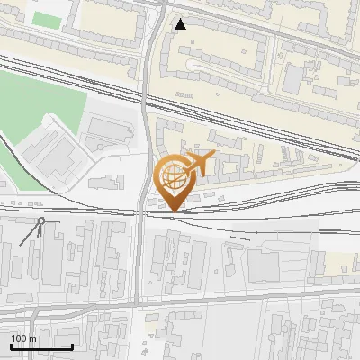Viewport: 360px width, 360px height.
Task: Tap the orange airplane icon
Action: [x=199, y=164]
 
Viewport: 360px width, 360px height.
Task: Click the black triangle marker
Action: [x=181, y=24]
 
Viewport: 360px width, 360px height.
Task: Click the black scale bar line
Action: [x=41, y=347]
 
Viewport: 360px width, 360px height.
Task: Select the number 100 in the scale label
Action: [x=19, y=338]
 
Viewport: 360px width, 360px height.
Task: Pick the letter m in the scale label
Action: [x=31, y=338]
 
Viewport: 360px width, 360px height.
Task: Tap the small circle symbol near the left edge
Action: [x=40, y=220]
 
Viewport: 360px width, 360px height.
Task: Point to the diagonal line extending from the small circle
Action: [x=30, y=234]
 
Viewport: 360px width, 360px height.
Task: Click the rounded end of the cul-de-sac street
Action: [x=193, y=66]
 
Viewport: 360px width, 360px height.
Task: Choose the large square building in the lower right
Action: [x=265, y=265]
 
